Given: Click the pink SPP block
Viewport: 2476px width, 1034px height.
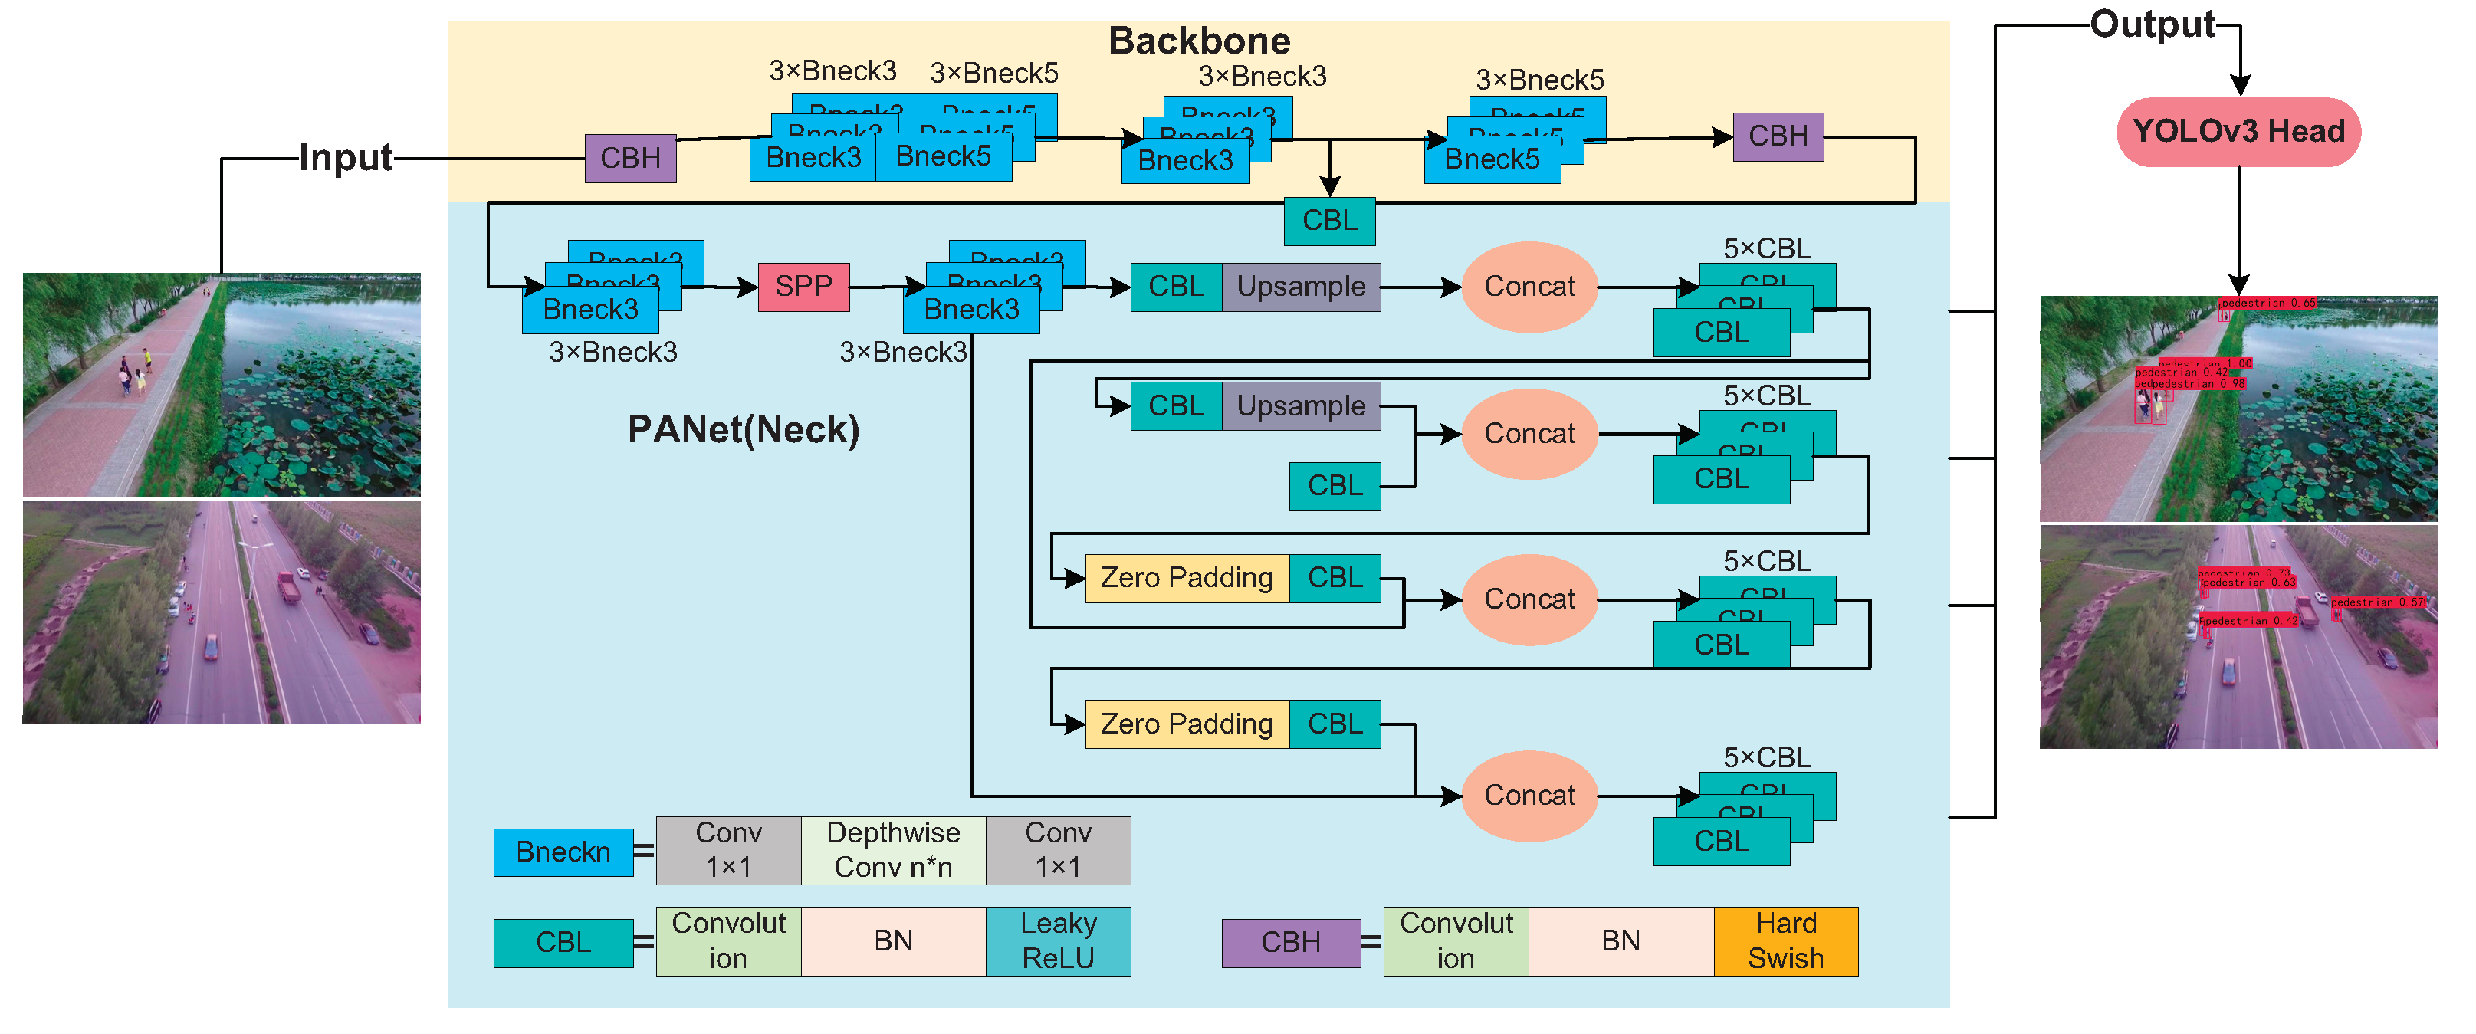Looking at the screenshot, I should click(x=803, y=287).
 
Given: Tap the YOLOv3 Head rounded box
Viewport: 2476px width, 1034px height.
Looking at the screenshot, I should click(x=2238, y=132).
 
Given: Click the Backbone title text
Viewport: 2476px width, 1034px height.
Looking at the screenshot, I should click(x=1199, y=41).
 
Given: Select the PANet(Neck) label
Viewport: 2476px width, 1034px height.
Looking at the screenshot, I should click(x=743, y=429).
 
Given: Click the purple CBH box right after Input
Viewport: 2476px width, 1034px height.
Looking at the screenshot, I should click(x=631, y=159).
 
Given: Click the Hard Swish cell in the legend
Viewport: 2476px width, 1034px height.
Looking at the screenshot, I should click(x=1785, y=940).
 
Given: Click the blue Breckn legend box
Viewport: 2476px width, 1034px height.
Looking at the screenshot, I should click(x=563, y=852).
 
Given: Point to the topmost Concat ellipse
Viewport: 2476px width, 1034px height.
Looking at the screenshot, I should click(x=1529, y=287).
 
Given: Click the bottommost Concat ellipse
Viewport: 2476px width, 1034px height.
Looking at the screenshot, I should click(x=1529, y=796).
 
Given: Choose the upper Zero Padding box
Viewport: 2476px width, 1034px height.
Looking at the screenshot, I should click(x=1186, y=577).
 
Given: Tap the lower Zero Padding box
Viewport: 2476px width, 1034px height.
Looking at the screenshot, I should click(x=1186, y=724).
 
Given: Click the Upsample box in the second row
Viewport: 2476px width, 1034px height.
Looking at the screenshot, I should click(x=1301, y=405).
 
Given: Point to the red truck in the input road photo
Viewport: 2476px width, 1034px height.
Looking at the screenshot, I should click(x=288, y=586).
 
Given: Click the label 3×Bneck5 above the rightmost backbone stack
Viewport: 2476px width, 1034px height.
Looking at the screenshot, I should click(x=1540, y=80).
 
